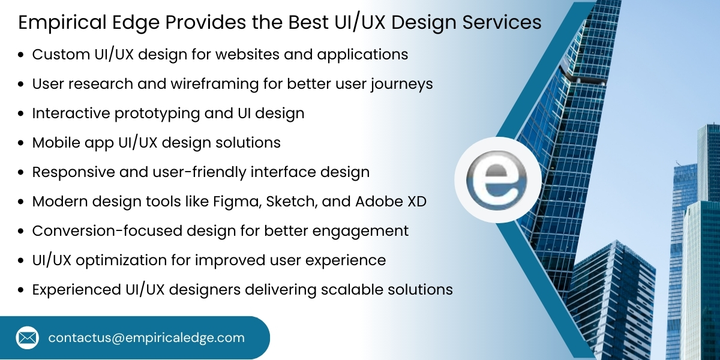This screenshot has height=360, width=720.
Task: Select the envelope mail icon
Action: [27, 338]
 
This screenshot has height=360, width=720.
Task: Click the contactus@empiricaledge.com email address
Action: [146, 338]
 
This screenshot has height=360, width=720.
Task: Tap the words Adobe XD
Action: [391, 202]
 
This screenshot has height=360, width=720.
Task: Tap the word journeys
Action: [402, 85]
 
